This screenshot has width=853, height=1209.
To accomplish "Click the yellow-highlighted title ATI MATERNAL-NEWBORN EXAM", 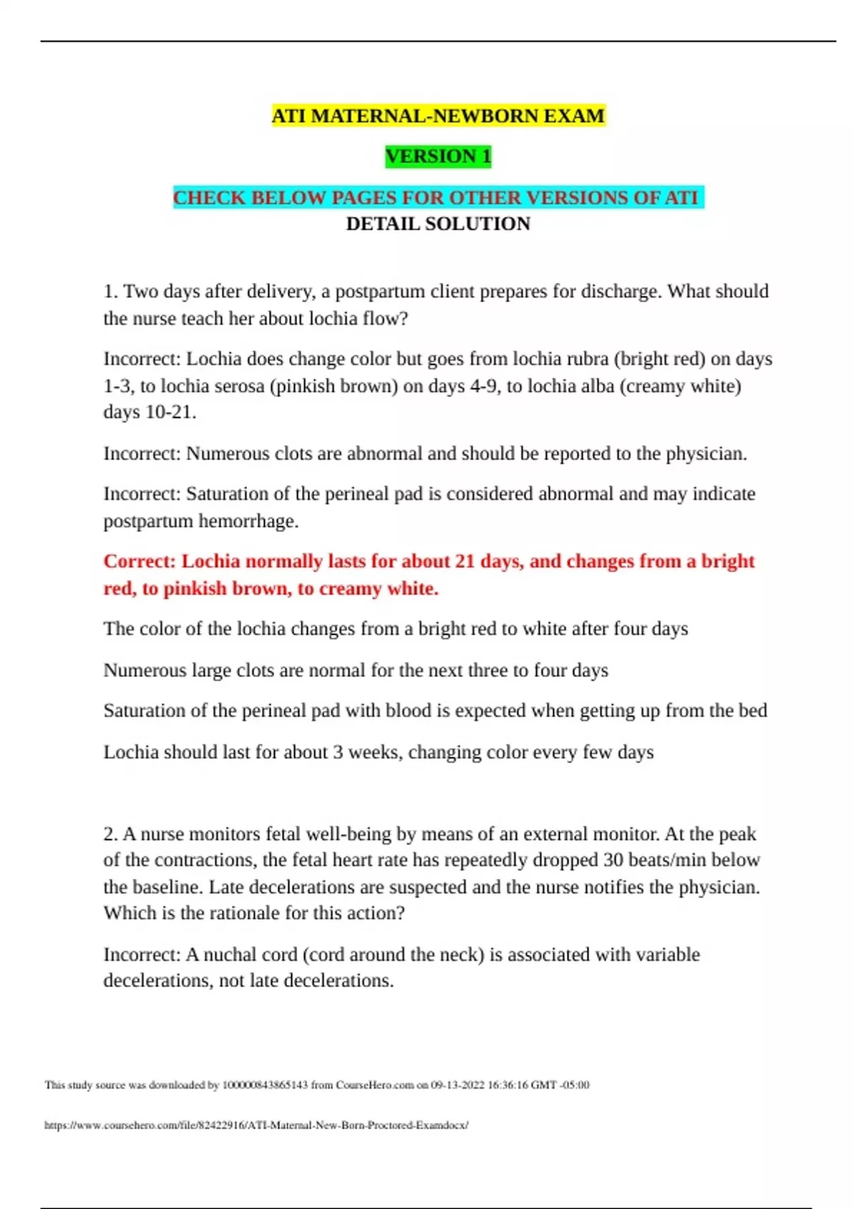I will point(438,116).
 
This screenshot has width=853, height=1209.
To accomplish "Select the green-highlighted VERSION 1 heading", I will point(438,156).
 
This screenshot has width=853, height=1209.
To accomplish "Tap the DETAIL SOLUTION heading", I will point(438,224).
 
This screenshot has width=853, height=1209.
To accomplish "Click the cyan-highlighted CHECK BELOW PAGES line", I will point(438,197).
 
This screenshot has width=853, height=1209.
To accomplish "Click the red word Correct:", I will point(139,561).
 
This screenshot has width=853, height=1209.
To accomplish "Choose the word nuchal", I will point(227,954).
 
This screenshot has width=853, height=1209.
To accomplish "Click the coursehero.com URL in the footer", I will point(256,1125).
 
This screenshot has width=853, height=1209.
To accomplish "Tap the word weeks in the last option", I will point(372,752).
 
